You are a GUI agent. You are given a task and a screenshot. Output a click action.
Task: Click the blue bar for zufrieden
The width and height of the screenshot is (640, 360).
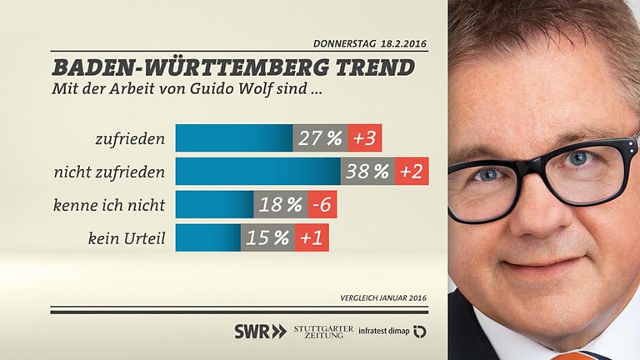pos(233,138)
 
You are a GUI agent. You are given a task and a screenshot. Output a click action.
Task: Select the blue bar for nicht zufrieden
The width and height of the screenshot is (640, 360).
pos(257,172)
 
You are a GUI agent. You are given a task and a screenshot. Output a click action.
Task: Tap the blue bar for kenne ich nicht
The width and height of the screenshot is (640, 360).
pos(214,205)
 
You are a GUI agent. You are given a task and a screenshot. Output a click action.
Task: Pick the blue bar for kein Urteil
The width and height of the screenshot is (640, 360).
pos(208,238)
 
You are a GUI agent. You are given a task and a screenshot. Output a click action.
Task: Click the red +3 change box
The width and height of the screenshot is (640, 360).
pos(363,138)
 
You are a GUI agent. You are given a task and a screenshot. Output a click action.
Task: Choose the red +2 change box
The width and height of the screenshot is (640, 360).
pos(412,172)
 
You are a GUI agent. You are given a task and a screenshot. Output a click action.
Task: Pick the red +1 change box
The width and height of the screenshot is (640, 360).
pos(312,238)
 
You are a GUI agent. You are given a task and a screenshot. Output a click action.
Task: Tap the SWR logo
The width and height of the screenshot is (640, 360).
pos(259,331)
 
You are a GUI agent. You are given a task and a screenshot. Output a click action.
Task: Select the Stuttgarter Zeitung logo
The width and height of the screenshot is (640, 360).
pos(323,331)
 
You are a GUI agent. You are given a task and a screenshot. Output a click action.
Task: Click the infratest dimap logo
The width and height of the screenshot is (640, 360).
pos(392,331)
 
